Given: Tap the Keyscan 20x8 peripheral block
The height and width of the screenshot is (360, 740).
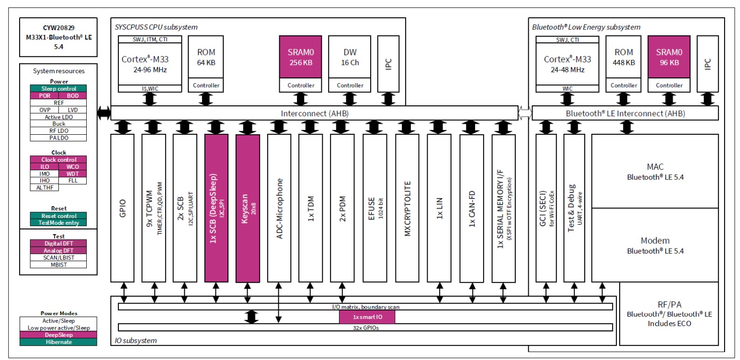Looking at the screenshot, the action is pyautogui.click(x=248, y=208).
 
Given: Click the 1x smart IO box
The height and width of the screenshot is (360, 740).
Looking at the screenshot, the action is pyautogui.click(x=367, y=317).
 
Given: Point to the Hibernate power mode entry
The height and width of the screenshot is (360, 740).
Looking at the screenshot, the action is pyautogui.click(x=58, y=342).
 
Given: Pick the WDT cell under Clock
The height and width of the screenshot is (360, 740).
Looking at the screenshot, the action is pyautogui.click(x=72, y=174).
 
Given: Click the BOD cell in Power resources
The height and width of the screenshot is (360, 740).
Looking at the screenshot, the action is pyautogui.click(x=73, y=96).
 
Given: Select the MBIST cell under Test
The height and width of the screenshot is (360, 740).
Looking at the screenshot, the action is pyautogui.click(x=58, y=264).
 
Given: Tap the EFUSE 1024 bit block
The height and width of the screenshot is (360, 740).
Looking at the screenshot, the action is pyautogui.click(x=375, y=208).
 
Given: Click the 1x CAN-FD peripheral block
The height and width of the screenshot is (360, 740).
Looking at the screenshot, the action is pyautogui.click(x=472, y=208).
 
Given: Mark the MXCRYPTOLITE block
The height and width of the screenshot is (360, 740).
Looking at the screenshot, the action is pyautogui.click(x=408, y=208).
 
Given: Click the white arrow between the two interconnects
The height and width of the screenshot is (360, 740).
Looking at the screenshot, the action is pyautogui.click(x=525, y=113).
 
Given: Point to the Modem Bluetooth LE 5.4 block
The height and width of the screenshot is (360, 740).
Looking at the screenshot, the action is pyautogui.click(x=655, y=245).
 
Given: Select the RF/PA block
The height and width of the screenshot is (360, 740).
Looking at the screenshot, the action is pyautogui.click(x=669, y=313).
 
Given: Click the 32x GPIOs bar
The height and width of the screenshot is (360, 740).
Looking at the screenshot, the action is pyautogui.click(x=366, y=327).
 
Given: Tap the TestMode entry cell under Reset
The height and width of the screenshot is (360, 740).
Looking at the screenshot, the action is pyautogui.click(x=58, y=222).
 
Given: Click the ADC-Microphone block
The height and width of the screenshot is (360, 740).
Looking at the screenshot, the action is pyautogui.click(x=279, y=208).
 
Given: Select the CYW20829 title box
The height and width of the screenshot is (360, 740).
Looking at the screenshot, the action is pyautogui.click(x=58, y=37).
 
